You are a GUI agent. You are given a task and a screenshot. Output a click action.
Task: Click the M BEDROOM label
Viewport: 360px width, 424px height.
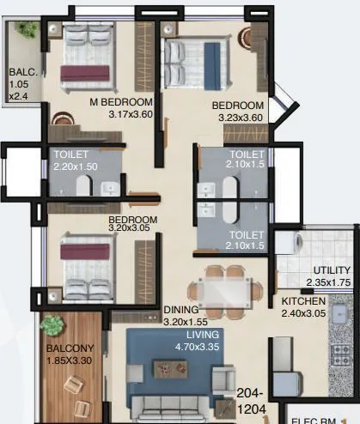coord(121,101)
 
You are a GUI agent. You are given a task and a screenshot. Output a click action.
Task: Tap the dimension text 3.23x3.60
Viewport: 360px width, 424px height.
coord(236,118)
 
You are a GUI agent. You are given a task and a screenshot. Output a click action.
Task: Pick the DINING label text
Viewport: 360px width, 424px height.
coord(181,310)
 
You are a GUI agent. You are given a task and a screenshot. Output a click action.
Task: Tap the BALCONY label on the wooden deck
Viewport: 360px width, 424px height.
coord(71,350)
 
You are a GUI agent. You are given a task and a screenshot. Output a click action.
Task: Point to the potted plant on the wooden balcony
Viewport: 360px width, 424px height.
coord(53,327)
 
